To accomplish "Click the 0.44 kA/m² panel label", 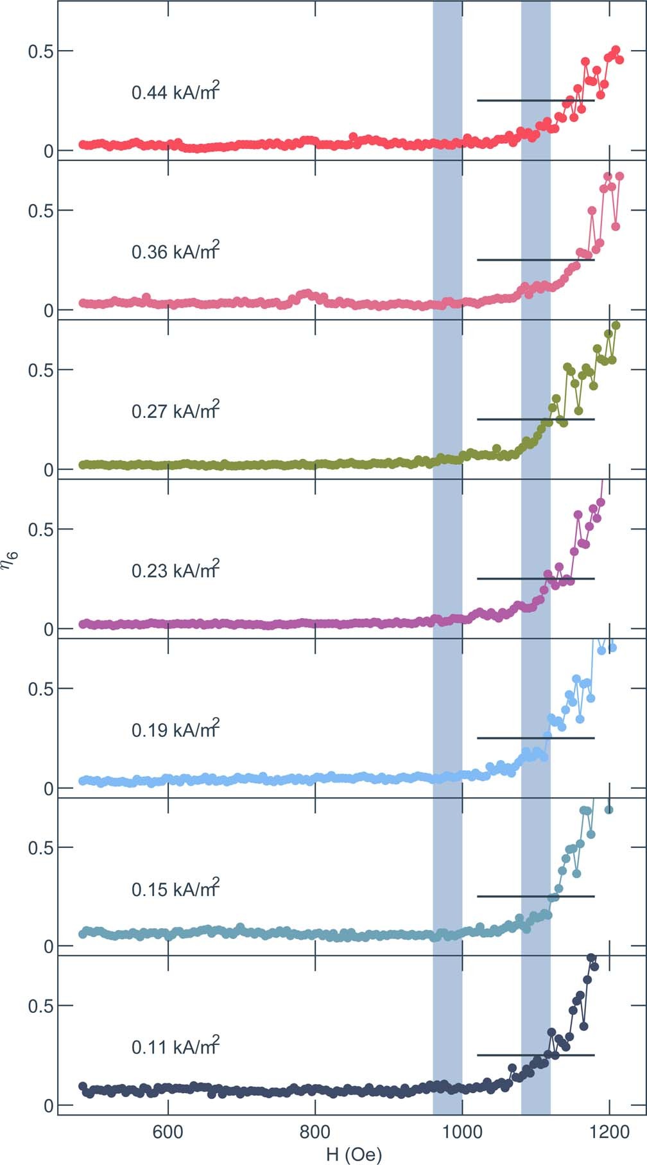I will coord(175,92).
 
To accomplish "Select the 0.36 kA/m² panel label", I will coord(175,252).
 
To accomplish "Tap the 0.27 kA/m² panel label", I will coord(175,411).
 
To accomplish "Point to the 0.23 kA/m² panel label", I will coord(175,570).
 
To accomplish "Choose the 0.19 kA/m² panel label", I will coord(175,730).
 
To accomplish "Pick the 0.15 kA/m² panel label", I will coord(175,889).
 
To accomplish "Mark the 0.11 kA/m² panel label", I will coord(175,1047).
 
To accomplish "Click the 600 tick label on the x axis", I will coord(168,1132).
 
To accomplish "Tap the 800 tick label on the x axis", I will coord(315,1132).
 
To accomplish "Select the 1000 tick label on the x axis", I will coord(462,1132).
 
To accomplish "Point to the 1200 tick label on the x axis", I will coord(608,1132).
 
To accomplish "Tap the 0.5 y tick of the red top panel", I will coord(40,51).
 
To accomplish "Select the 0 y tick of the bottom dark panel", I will coord(48,1105).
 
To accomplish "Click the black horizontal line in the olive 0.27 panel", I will coord(535,419).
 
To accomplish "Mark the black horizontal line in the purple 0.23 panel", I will coord(535,578).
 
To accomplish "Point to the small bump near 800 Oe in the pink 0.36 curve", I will coord(307,294).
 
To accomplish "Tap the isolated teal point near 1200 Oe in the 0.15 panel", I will coord(608,810).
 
